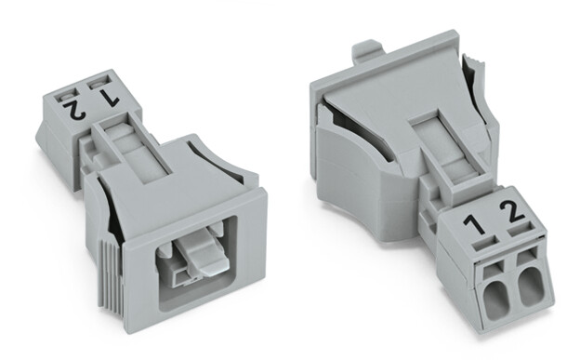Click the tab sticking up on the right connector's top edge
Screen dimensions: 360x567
(x=369, y=48)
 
